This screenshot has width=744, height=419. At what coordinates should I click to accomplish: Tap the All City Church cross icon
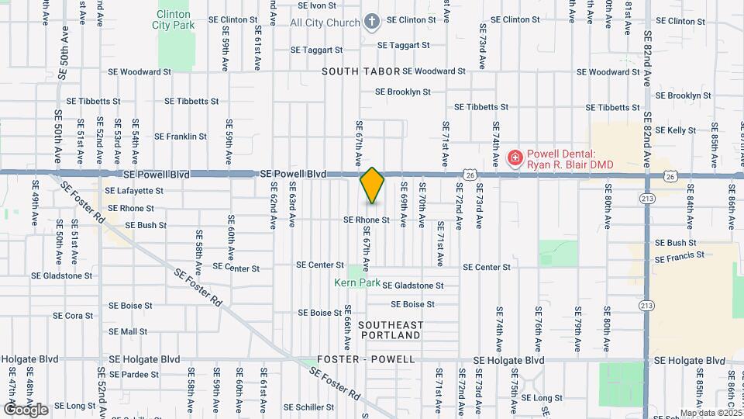(x=372, y=22)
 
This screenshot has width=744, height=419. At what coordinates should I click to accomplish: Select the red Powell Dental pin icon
(x=514, y=158)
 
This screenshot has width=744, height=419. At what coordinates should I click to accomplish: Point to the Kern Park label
(x=357, y=283)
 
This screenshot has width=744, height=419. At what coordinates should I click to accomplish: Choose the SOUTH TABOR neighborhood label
(x=361, y=71)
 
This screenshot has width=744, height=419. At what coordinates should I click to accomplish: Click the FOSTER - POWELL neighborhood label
(x=366, y=360)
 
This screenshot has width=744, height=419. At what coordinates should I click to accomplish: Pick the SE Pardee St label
(x=133, y=374)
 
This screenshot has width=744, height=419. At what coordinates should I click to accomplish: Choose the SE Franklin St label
(x=181, y=137)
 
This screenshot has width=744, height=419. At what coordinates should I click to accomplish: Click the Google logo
(x=25, y=409)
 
